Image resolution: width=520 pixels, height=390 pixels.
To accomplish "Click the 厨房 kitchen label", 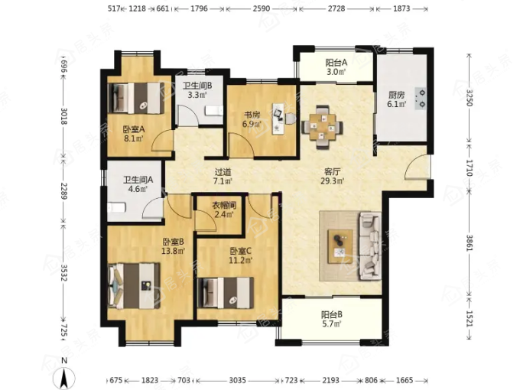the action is click(x=397, y=95).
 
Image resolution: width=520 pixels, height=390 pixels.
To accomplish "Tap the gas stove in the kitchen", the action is click(x=420, y=99).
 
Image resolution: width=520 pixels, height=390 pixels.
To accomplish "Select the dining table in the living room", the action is click(x=322, y=127).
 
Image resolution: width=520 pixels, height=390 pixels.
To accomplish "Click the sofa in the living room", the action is click(x=370, y=246).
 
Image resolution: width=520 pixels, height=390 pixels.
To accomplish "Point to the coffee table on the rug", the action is click(x=340, y=246).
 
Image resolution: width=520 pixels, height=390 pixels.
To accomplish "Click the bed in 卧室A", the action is click(x=136, y=98).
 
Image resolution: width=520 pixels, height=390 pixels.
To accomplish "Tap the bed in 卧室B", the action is click(x=135, y=286).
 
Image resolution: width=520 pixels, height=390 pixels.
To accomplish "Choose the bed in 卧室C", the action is click(x=226, y=293).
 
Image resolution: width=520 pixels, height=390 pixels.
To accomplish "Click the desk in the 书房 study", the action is click(x=278, y=119).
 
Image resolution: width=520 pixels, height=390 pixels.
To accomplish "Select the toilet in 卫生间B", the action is click(x=214, y=110).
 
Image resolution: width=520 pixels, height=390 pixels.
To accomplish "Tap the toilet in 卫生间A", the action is click(x=116, y=208).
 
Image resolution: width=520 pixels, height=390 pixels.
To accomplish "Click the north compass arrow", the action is click(x=64, y=378).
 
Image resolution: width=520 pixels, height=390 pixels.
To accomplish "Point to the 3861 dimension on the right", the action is click(x=470, y=243).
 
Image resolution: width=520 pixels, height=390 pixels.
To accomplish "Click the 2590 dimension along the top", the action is click(x=262, y=8).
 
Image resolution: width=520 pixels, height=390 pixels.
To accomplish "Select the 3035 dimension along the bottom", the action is click(x=238, y=380).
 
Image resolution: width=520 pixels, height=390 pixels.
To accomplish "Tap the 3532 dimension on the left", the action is click(x=64, y=272).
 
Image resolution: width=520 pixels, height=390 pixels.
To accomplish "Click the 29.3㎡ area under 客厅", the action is click(x=333, y=180).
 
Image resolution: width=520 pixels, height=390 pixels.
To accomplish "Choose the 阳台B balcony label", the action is click(x=332, y=314).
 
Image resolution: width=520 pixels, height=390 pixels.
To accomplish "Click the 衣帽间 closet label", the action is click(x=224, y=205).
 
